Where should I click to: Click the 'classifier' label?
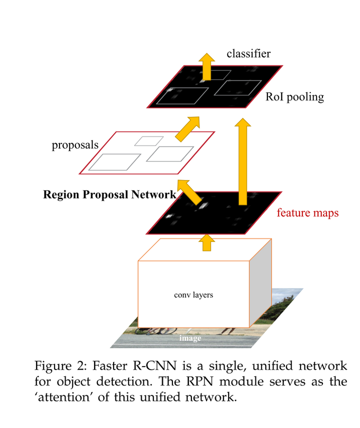(248, 53)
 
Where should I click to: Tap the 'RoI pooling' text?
(294, 96)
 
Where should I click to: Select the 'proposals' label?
(75, 145)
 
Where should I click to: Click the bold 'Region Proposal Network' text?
(109, 194)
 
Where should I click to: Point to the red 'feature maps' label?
(307, 213)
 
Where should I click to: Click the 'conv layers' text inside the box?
(193, 295)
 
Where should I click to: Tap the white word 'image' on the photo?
(190, 338)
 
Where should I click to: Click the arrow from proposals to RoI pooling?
(188, 128)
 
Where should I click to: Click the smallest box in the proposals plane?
(145, 140)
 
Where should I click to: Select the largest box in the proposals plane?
(114, 162)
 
